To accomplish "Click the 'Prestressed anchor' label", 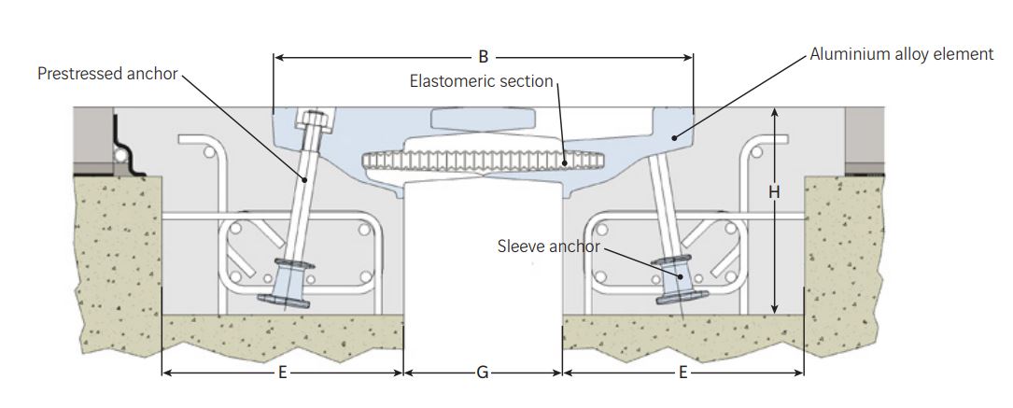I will (x=107, y=73).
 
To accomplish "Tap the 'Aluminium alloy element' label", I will (x=901, y=54).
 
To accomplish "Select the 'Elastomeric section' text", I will (x=482, y=81).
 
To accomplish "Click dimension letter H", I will (x=773, y=191).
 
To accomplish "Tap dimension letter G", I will (x=482, y=373).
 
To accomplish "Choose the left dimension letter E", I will (x=282, y=373).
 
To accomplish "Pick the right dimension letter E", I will (x=682, y=373).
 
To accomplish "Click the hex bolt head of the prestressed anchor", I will (x=313, y=121).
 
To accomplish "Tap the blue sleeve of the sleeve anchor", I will (x=678, y=276).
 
